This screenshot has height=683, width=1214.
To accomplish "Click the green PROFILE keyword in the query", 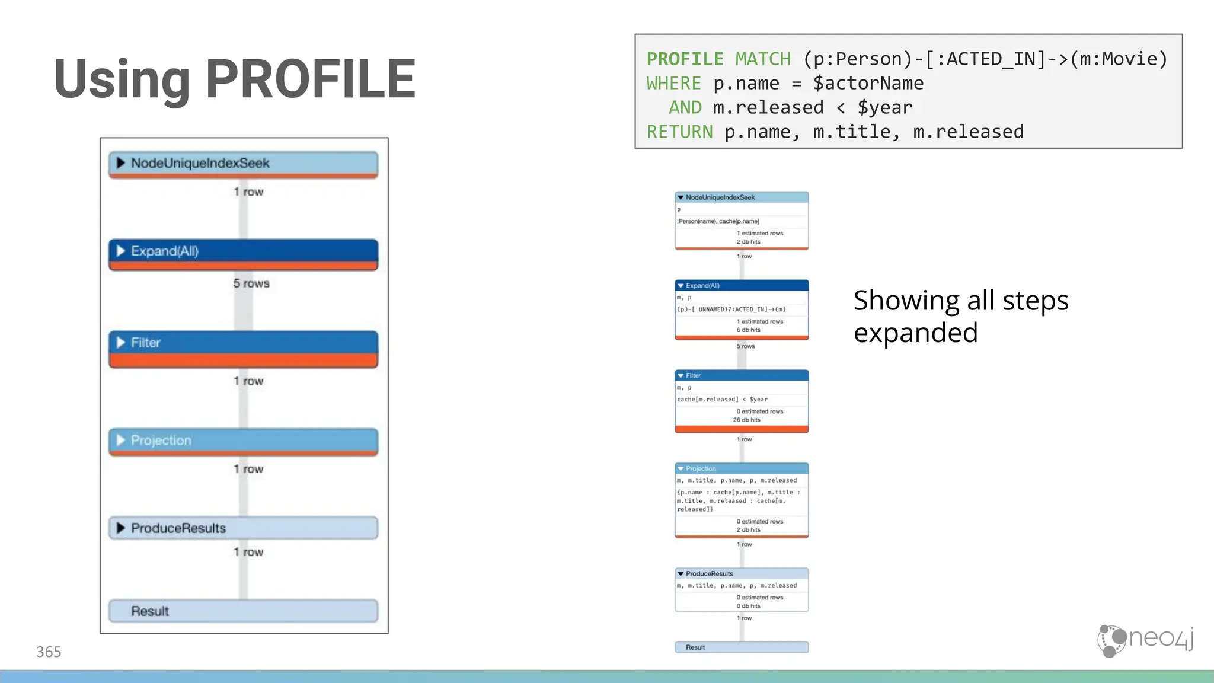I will (685, 59).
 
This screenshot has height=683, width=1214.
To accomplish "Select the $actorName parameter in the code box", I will (868, 83).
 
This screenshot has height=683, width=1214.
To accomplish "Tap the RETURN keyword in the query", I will (679, 132).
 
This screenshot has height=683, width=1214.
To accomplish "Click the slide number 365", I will (49, 652).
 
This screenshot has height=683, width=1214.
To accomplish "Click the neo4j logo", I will (1145, 640).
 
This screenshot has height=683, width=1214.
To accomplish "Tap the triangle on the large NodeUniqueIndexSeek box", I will (120, 162).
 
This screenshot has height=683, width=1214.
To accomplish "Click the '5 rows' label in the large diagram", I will (251, 283).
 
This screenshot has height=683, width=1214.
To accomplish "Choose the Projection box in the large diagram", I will (243, 441).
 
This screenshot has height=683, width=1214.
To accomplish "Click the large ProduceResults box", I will (243, 528).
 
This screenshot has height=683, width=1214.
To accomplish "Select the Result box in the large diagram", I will (243, 611).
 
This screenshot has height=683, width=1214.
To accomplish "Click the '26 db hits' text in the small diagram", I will (746, 420).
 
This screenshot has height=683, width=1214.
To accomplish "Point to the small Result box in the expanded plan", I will (742, 647).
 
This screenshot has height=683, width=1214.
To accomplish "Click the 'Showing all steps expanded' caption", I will (960, 317).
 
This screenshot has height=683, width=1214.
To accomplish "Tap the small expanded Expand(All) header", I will (742, 285).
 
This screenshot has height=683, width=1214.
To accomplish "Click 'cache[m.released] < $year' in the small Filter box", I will (722, 399).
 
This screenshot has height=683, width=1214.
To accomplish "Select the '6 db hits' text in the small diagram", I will (748, 330).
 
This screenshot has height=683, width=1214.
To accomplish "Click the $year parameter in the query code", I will (884, 107).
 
